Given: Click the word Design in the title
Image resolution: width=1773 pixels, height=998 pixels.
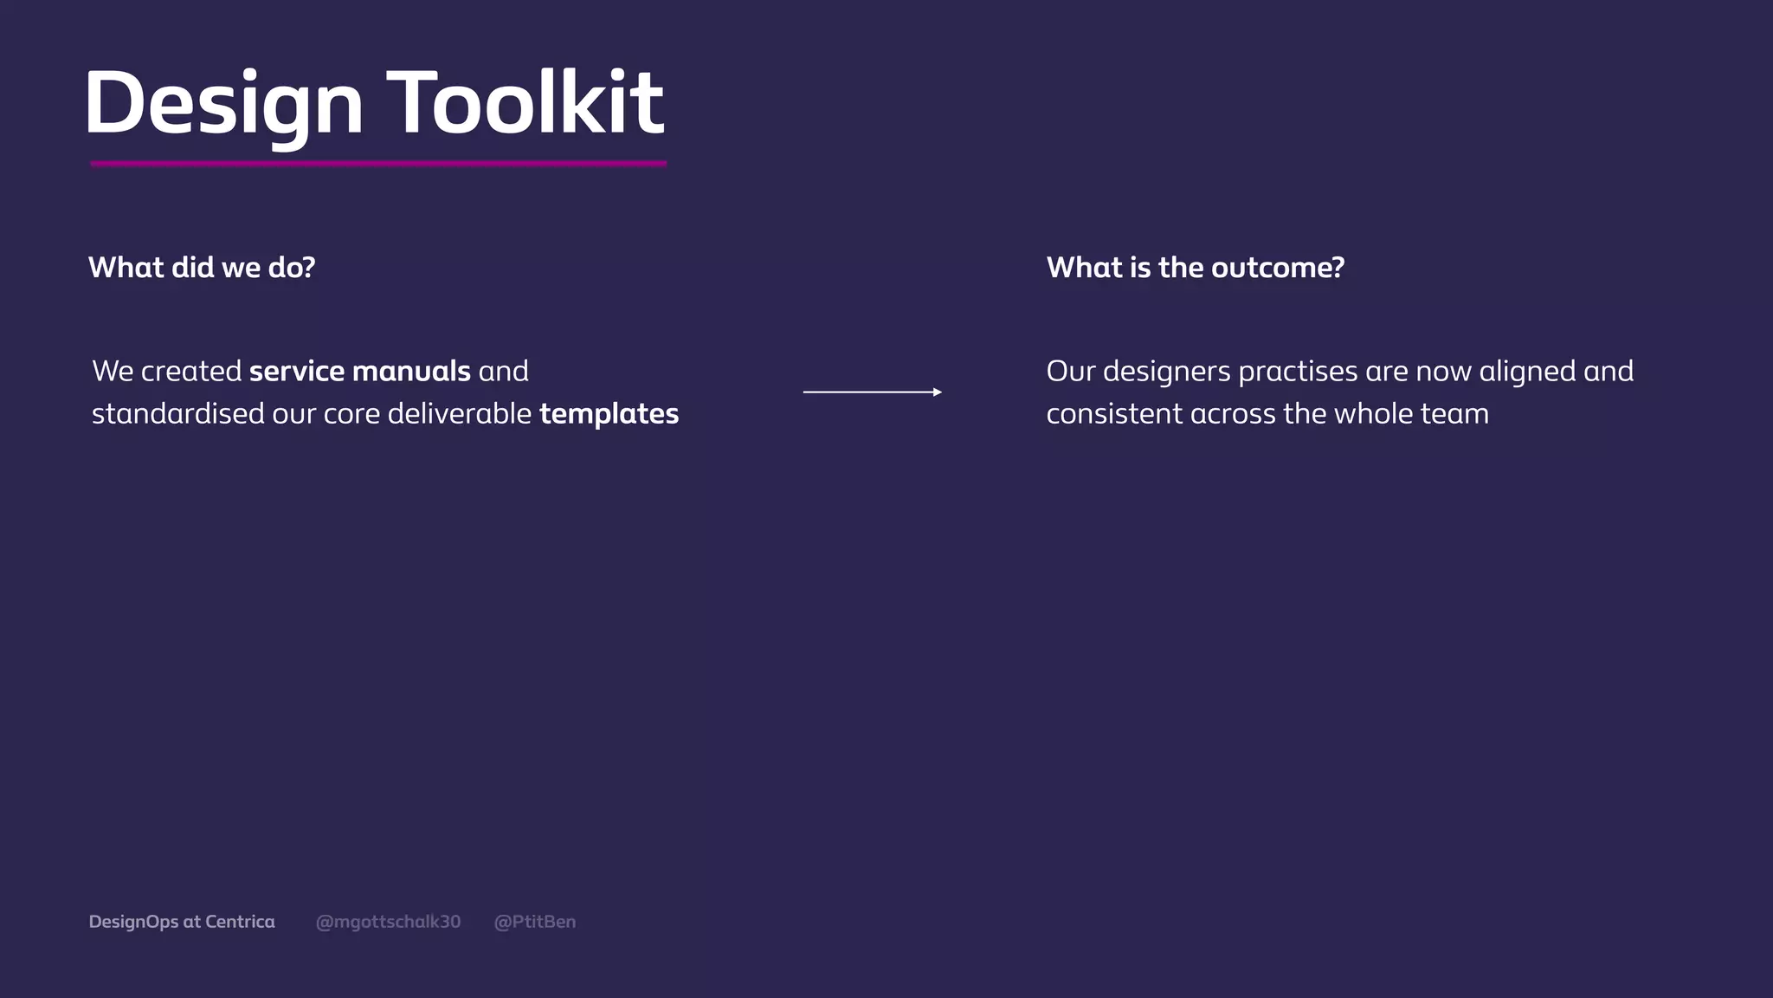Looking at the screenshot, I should coord(223,104).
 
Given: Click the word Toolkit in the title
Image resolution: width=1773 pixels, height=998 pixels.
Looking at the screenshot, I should coord(525,104).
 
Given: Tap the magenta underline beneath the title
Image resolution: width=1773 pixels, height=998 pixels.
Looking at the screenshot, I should coord(378,163).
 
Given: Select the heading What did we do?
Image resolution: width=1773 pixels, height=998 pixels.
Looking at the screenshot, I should coord(202,268).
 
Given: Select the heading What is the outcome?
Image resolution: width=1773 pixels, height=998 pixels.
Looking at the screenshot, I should coord(1195,268).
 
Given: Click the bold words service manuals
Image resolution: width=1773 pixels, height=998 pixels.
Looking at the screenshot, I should coord(359,372).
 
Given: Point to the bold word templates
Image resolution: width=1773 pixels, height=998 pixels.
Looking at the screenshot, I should coord(609,414).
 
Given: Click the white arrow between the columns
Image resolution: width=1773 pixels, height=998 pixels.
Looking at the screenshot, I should coord(866,392).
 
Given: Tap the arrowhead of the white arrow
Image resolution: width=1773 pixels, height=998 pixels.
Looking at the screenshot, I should coord(938,392).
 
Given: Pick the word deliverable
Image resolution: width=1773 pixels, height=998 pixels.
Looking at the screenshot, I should coord(459,414).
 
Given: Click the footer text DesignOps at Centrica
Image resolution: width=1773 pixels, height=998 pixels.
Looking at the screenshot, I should coord(182,922).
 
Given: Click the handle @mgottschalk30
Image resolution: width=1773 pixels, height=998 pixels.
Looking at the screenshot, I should coord(388,922).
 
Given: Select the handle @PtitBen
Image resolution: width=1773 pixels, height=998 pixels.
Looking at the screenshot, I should coord(534,922).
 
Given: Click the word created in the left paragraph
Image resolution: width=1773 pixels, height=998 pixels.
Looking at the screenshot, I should coord(191,372).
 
